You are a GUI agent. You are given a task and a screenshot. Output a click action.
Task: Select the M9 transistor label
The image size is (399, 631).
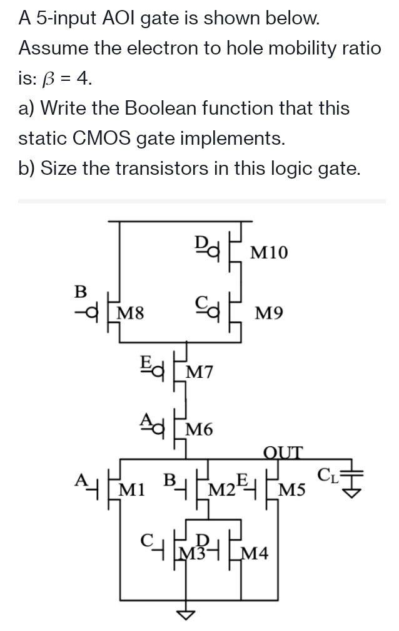click(270, 311)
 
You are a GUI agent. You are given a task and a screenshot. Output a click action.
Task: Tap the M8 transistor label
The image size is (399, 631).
click(131, 311)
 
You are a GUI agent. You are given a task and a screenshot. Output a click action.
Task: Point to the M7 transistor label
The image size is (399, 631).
click(200, 372)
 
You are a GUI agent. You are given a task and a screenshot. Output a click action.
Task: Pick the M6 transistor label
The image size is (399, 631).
click(200, 430)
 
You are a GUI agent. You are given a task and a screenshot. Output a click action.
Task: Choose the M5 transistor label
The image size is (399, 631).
click(292, 489)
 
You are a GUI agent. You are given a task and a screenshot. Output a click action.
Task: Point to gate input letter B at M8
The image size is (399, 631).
click(80, 291)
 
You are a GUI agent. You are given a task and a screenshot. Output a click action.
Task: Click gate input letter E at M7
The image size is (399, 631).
click(145, 362)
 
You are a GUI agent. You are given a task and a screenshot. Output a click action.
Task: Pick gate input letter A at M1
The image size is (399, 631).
click(80, 479)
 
